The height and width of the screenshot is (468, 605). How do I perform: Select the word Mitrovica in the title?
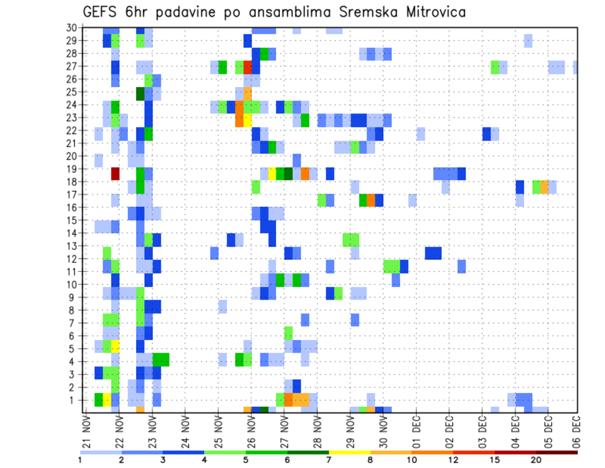click(435, 12)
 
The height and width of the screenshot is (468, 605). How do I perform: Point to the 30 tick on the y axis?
click(71, 27)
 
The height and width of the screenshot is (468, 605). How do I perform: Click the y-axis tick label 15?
click(71, 220)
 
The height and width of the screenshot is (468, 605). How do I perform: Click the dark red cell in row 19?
click(115, 173)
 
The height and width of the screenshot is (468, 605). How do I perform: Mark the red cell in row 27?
click(248, 67)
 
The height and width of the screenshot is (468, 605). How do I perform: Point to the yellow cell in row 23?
click(248, 119)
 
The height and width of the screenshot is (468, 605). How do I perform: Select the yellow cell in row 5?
click(115, 346)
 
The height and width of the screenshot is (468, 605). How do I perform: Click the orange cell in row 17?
click(371, 200)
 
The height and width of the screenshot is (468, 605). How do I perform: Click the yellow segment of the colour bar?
click(350, 452)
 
